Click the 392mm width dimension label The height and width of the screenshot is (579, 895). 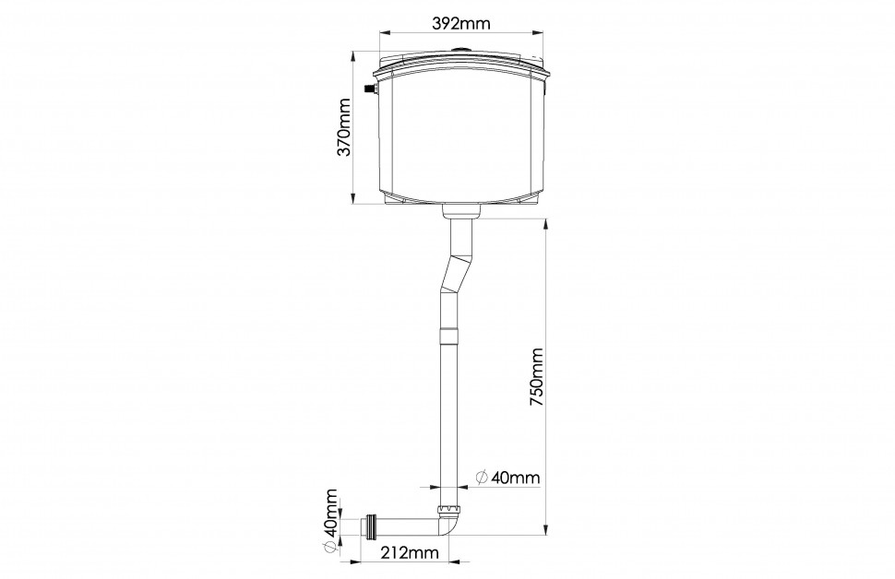click(461, 23)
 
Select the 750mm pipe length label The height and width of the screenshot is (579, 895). click(537, 376)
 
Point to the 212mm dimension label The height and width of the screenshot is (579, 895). click(410, 552)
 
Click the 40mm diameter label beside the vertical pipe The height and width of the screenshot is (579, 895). click(507, 477)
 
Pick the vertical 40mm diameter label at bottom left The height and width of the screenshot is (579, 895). click(329, 520)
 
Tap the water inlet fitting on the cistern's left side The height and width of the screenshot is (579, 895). click(370, 89)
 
